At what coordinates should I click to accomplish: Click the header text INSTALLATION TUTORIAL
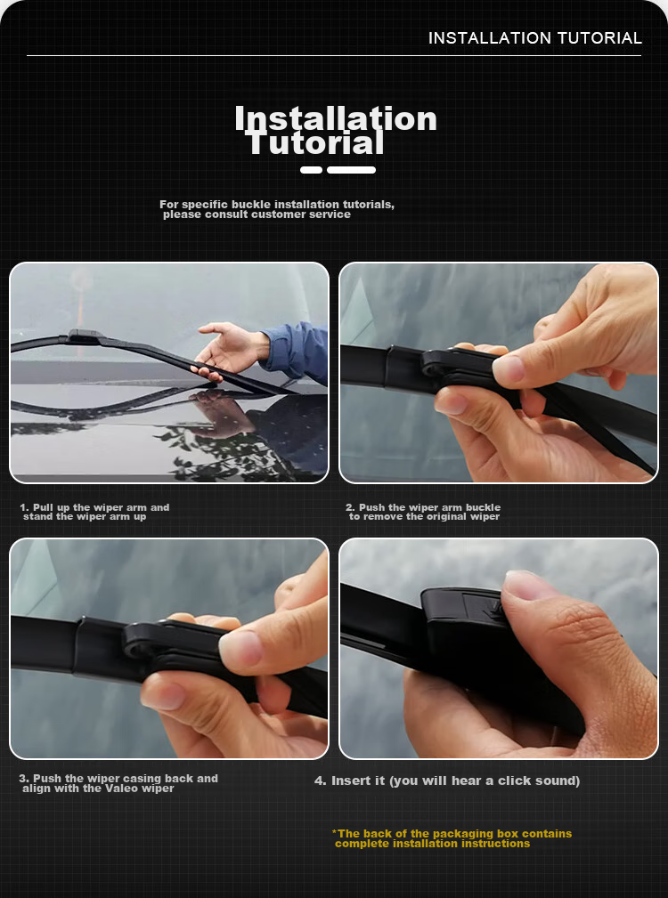pyautogui.click(x=535, y=38)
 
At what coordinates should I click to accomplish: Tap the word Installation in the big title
pyautogui.click(x=336, y=118)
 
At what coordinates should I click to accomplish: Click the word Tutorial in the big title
pyautogui.click(x=315, y=143)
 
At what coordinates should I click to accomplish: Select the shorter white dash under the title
pyautogui.click(x=311, y=170)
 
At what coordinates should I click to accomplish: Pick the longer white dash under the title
pyautogui.click(x=351, y=170)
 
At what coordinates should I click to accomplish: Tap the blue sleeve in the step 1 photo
pyautogui.click(x=297, y=352)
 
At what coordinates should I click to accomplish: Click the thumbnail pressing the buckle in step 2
pyautogui.click(x=509, y=368)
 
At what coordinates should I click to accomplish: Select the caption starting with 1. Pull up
pyautogui.click(x=94, y=512)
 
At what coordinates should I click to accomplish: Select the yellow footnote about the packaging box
pyautogui.click(x=452, y=838)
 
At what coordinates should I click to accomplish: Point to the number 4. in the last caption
pyautogui.click(x=321, y=781)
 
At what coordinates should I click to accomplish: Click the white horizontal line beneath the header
pyautogui.click(x=334, y=55)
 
